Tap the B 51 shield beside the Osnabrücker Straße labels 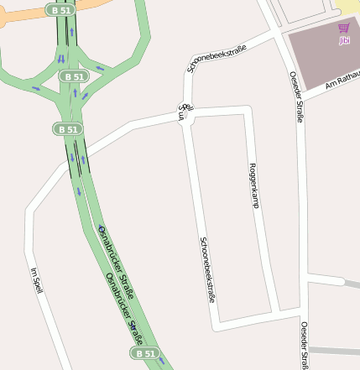(144, 353)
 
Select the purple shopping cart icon (344, 28)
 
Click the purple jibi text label (344, 39)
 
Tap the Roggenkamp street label (253, 184)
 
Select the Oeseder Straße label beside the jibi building (296, 96)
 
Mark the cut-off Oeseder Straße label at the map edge (304, 346)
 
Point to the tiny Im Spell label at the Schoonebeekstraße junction (185, 112)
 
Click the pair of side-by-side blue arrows (60, 58)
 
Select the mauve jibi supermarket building (323, 59)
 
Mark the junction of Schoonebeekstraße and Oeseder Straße (275, 34)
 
